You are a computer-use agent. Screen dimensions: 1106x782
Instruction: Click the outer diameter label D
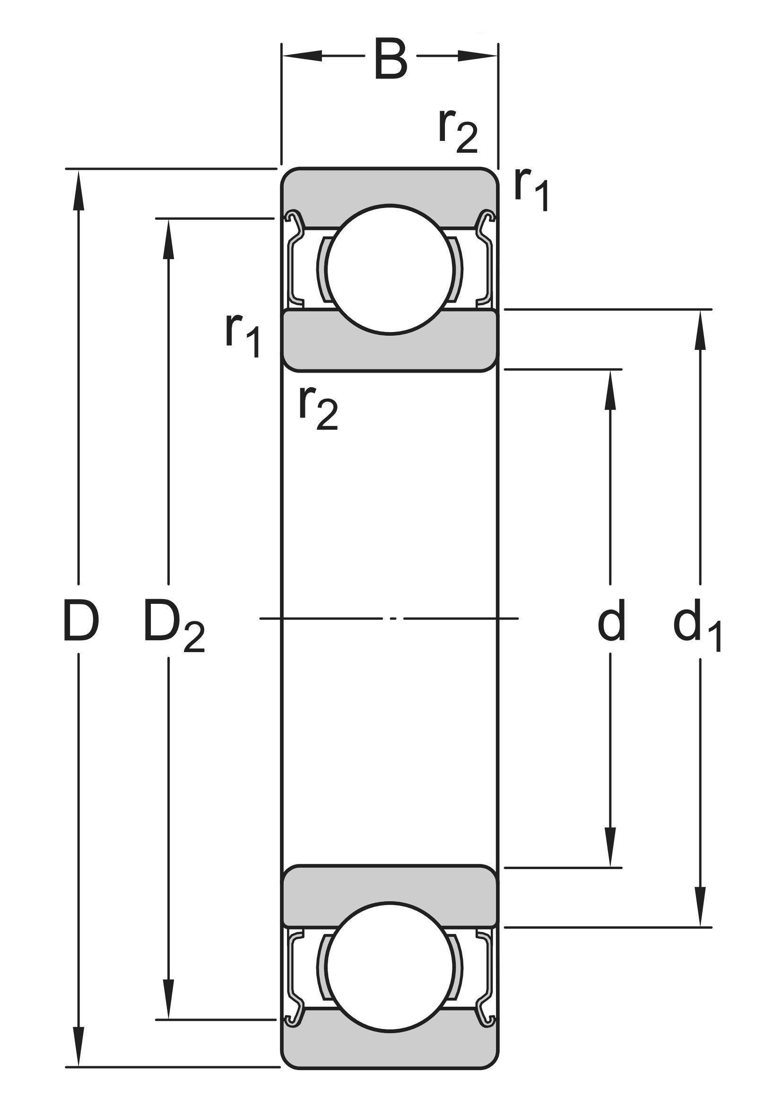point(81,621)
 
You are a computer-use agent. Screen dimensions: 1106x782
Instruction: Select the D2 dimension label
point(174,625)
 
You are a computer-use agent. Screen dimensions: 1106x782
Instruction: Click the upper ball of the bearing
point(391,269)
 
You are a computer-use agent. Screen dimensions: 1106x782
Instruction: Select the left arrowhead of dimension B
point(302,56)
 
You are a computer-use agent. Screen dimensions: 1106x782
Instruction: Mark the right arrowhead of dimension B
point(477,56)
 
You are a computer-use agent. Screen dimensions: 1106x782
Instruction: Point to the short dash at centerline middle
point(393,618)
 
